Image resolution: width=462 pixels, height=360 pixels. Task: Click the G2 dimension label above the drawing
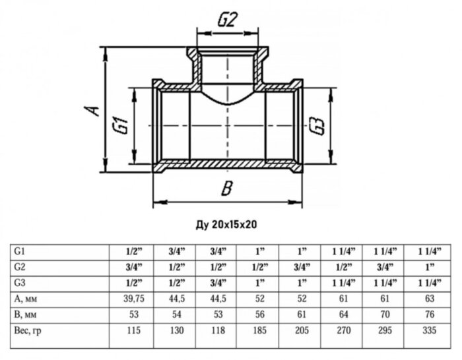pos(228,20)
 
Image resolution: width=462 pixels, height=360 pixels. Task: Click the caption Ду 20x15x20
pos(226,224)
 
